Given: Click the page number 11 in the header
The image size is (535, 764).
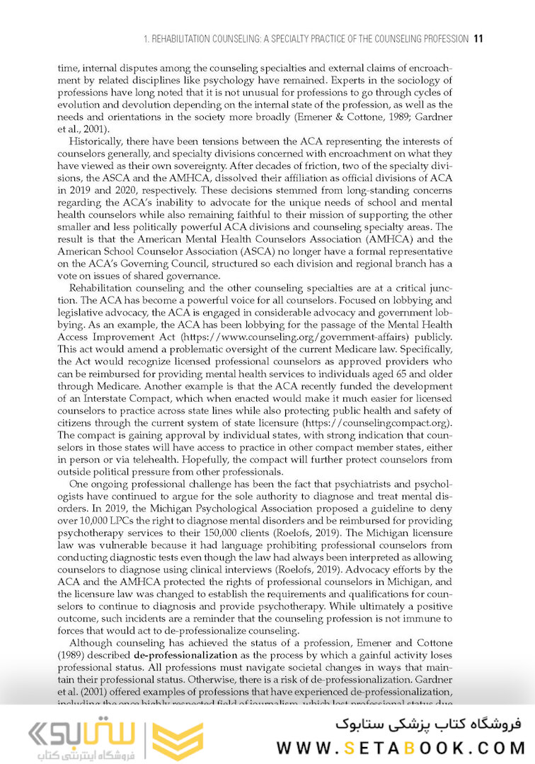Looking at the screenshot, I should tap(478, 38).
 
